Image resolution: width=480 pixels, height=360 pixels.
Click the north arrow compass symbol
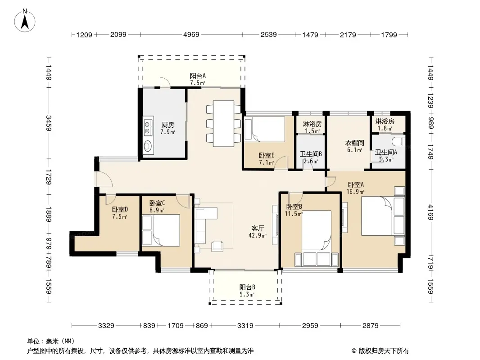pyautogui.click(x=25, y=20)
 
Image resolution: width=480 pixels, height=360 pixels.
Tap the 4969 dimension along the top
pyautogui.click(x=191, y=35)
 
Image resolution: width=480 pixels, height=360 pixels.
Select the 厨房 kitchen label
pyautogui.click(x=168, y=125)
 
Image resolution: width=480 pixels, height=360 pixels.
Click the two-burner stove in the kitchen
pyautogui.click(x=148, y=127)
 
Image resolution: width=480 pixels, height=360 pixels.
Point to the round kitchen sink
pyautogui.click(x=148, y=146)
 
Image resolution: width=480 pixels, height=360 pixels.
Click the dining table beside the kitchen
pyautogui.click(x=223, y=124)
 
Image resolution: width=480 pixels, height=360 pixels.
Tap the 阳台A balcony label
pyautogui.click(x=198, y=76)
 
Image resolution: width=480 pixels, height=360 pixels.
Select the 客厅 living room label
pyautogui.click(x=258, y=228)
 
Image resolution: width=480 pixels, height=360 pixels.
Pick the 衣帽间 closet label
pyautogui.click(x=354, y=143)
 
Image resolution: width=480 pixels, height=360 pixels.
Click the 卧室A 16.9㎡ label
pyautogui.click(x=355, y=188)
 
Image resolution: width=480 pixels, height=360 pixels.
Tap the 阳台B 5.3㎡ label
pyautogui.click(x=247, y=291)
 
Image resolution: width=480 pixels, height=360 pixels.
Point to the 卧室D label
pyautogui.click(x=120, y=210)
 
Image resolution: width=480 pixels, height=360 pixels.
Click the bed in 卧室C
pyautogui.click(x=162, y=230)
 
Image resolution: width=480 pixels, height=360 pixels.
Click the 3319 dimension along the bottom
pyautogui.click(x=245, y=326)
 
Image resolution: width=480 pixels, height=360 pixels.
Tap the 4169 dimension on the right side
pyautogui.click(x=430, y=212)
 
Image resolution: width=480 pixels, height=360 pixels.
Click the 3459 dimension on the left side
pyautogui.click(x=48, y=123)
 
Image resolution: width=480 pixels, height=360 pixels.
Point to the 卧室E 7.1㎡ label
pyautogui.click(x=266, y=159)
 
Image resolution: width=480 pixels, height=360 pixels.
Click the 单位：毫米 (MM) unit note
pyautogui.click(x=51, y=341)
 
